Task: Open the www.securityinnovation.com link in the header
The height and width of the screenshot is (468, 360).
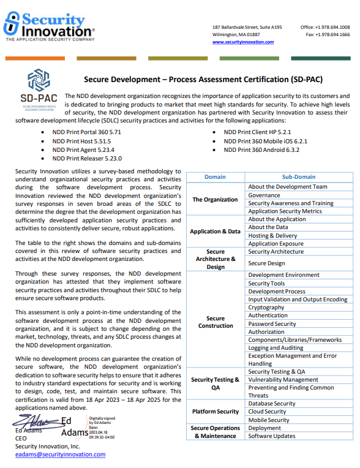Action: click(x=243, y=42)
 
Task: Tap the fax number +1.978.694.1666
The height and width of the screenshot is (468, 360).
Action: click(x=335, y=35)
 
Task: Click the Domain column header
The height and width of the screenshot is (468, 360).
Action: click(x=215, y=176)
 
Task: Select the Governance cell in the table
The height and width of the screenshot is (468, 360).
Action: click(x=264, y=195)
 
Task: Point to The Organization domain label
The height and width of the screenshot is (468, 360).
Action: click(x=215, y=199)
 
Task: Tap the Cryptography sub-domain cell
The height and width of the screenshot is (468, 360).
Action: click(x=266, y=308)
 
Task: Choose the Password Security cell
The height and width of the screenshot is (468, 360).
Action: click(x=272, y=323)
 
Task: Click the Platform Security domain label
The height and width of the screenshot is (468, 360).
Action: click(x=215, y=412)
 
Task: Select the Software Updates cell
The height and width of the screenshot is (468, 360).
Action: click(x=271, y=436)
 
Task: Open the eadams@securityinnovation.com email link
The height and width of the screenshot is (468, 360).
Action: click(x=60, y=455)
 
